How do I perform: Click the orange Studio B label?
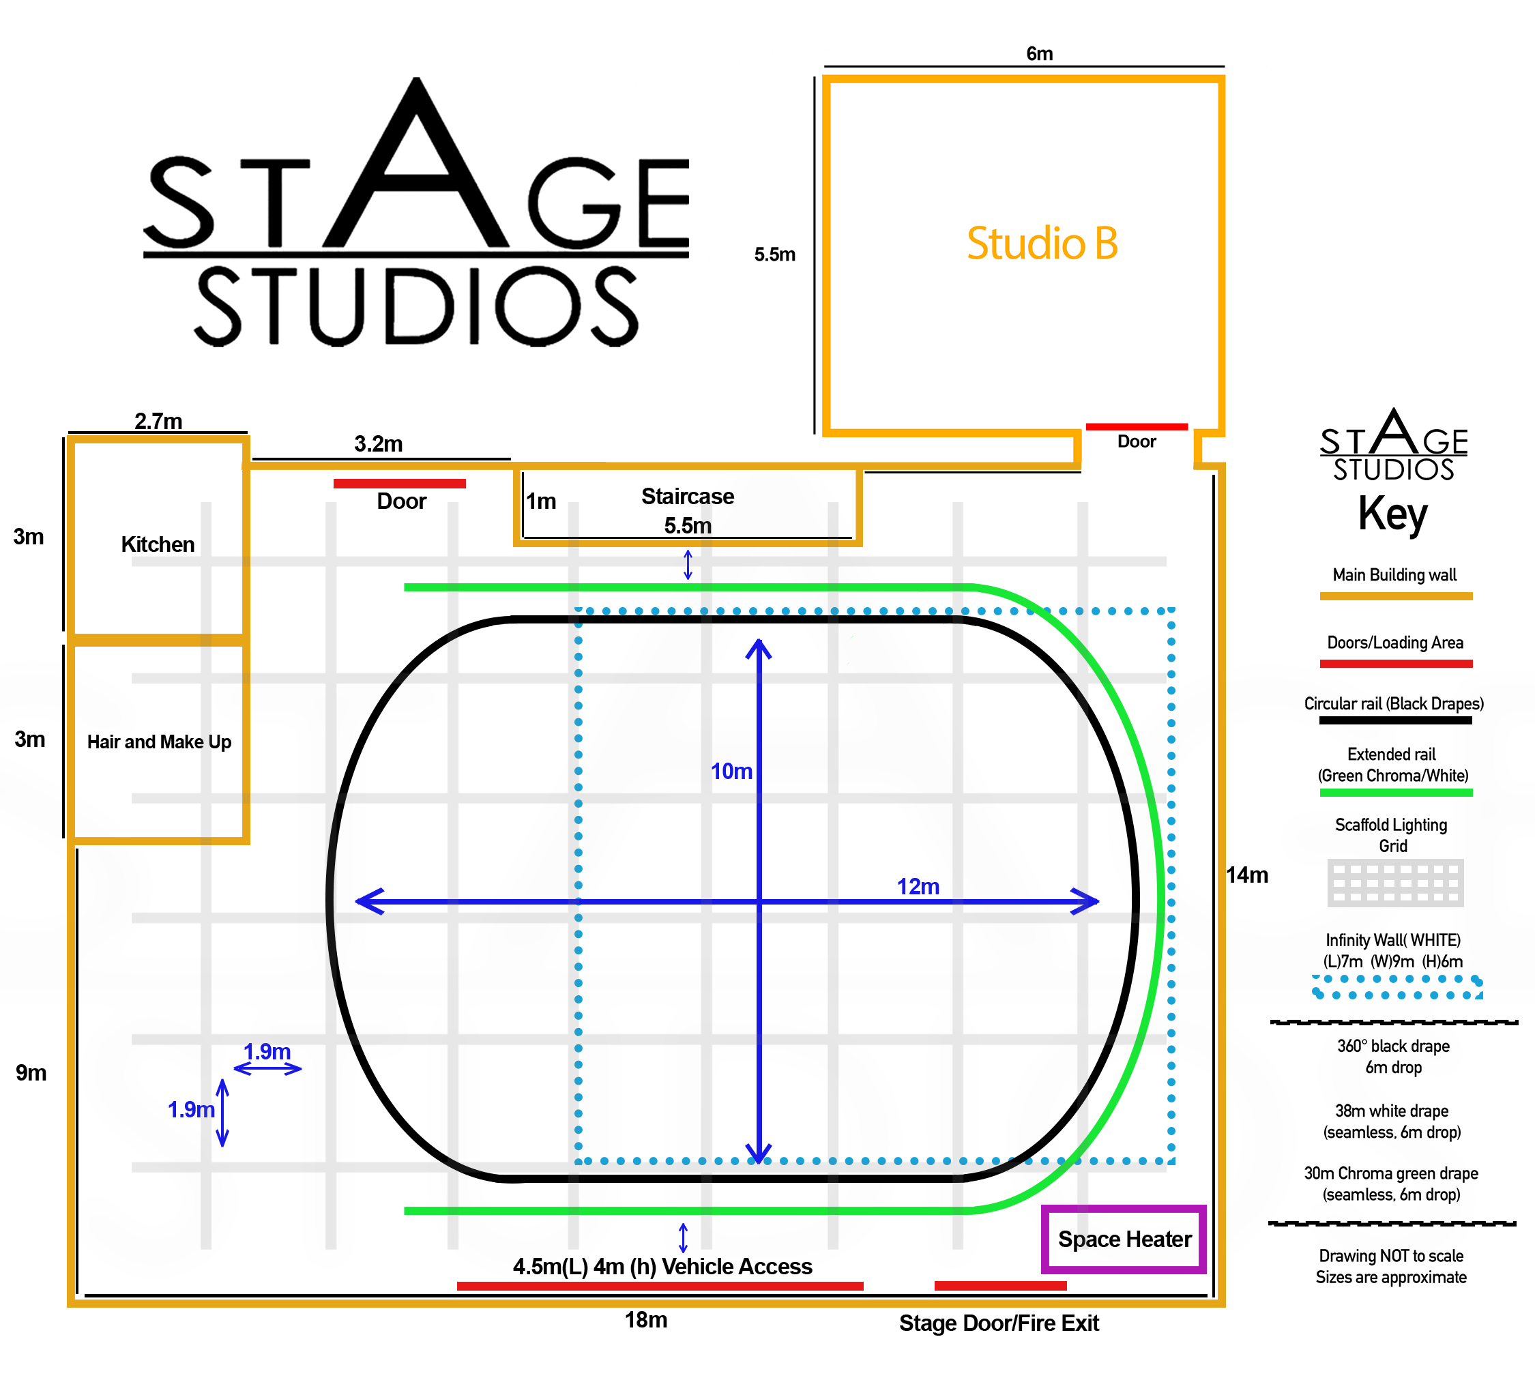[1042, 244]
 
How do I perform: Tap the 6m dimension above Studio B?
[1039, 54]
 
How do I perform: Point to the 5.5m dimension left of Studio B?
[774, 254]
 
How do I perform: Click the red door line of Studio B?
[1136, 427]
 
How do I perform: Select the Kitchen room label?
[158, 544]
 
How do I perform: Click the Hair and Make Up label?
[159, 742]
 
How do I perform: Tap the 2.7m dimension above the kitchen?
[158, 422]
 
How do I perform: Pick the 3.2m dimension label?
[379, 444]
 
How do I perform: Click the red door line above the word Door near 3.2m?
[399, 483]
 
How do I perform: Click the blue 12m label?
[918, 886]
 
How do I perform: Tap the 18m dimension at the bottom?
[646, 1320]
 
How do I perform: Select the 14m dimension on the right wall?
[1248, 875]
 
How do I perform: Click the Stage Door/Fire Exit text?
[999, 1323]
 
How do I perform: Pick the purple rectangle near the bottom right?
[1123, 1239]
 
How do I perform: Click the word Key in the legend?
[1392, 514]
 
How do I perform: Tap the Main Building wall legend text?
[1394, 575]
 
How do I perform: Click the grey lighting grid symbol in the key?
[1395, 883]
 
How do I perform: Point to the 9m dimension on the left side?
[31, 1073]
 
